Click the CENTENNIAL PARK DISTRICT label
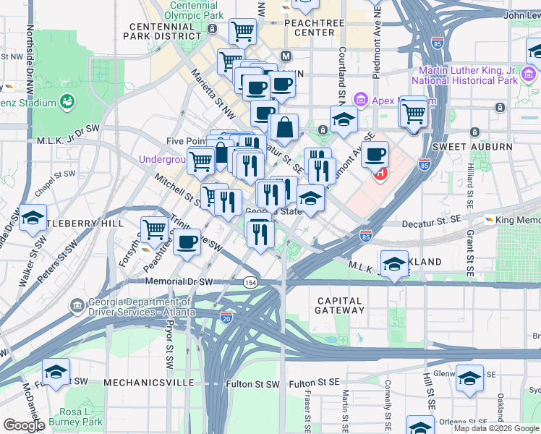(x=164, y=30)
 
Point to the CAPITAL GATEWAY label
(x=339, y=305)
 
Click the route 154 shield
(x=250, y=282)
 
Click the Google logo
(x=24, y=425)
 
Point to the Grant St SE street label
(x=470, y=255)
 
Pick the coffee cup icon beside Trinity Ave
(x=187, y=242)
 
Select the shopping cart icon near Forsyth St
(x=155, y=230)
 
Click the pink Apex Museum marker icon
(x=359, y=99)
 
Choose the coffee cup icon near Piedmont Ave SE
(x=375, y=154)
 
